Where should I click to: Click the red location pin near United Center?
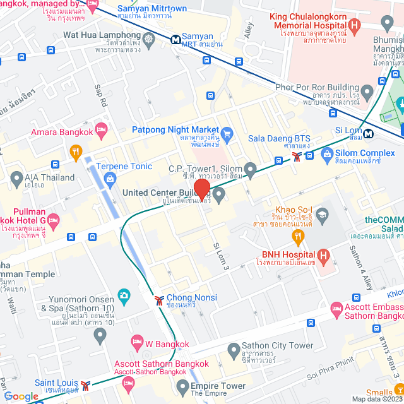[x=201, y=189]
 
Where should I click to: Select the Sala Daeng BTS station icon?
[x=296, y=158]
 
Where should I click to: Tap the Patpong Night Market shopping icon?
[x=228, y=133]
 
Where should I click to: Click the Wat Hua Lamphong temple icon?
[x=149, y=39]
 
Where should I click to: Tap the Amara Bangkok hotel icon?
[x=102, y=129]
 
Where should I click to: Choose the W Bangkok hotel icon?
[x=137, y=342]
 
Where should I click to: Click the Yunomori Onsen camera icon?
[x=124, y=295]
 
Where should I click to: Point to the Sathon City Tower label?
[x=278, y=346]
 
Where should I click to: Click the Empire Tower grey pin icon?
[x=182, y=386]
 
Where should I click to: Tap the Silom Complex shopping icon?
[x=327, y=153]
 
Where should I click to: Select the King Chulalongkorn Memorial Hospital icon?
[x=355, y=26]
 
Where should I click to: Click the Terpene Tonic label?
[x=124, y=167]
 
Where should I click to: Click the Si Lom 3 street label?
[x=222, y=256]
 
